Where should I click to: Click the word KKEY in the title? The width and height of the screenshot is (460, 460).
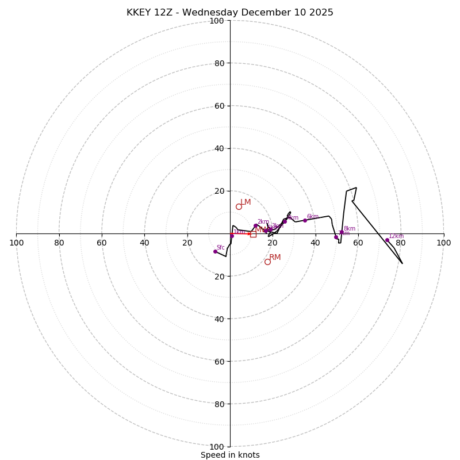pyautogui.click(x=139, y=13)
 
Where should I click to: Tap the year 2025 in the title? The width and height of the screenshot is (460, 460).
pyautogui.click(x=321, y=13)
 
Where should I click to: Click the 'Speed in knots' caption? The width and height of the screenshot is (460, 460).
pyautogui.click(x=230, y=455)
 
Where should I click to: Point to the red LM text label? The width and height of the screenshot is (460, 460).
pyautogui.click(x=246, y=202)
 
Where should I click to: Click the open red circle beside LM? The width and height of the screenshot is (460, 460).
pyautogui.click(x=239, y=206)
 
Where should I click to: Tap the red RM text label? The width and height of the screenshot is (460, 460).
pyautogui.click(x=275, y=258)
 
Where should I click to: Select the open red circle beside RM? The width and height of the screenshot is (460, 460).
pyautogui.click(x=267, y=262)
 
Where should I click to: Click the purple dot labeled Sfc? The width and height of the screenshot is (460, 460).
pyautogui.click(x=216, y=251)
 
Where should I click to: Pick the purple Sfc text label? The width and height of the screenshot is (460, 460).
pyautogui.click(x=220, y=248)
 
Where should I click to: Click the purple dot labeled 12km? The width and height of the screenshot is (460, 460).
pyautogui.click(x=387, y=240)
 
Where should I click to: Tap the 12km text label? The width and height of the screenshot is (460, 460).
pyautogui.click(x=396, y=236)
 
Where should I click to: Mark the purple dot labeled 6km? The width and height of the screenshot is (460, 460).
pyautogui.click(x=305, y=220)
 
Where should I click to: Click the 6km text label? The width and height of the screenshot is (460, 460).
pyautogui.click(x=312, y=217)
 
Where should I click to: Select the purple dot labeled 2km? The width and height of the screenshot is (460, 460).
pyautogui.click(x=256, y=225)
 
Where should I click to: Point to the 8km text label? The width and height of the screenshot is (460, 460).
pyautogui.click(x=350, y=229)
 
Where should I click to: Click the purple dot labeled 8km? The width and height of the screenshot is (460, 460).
pyautogui.click(x=342, y=232)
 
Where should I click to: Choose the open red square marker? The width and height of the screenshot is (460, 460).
pyautogui.click(x=253, y=234)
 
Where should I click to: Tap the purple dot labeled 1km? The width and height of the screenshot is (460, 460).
pyautogui.click(x=232, y=235)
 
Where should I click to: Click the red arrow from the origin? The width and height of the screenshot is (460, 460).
pyautogui.click(x=241, y=234)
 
